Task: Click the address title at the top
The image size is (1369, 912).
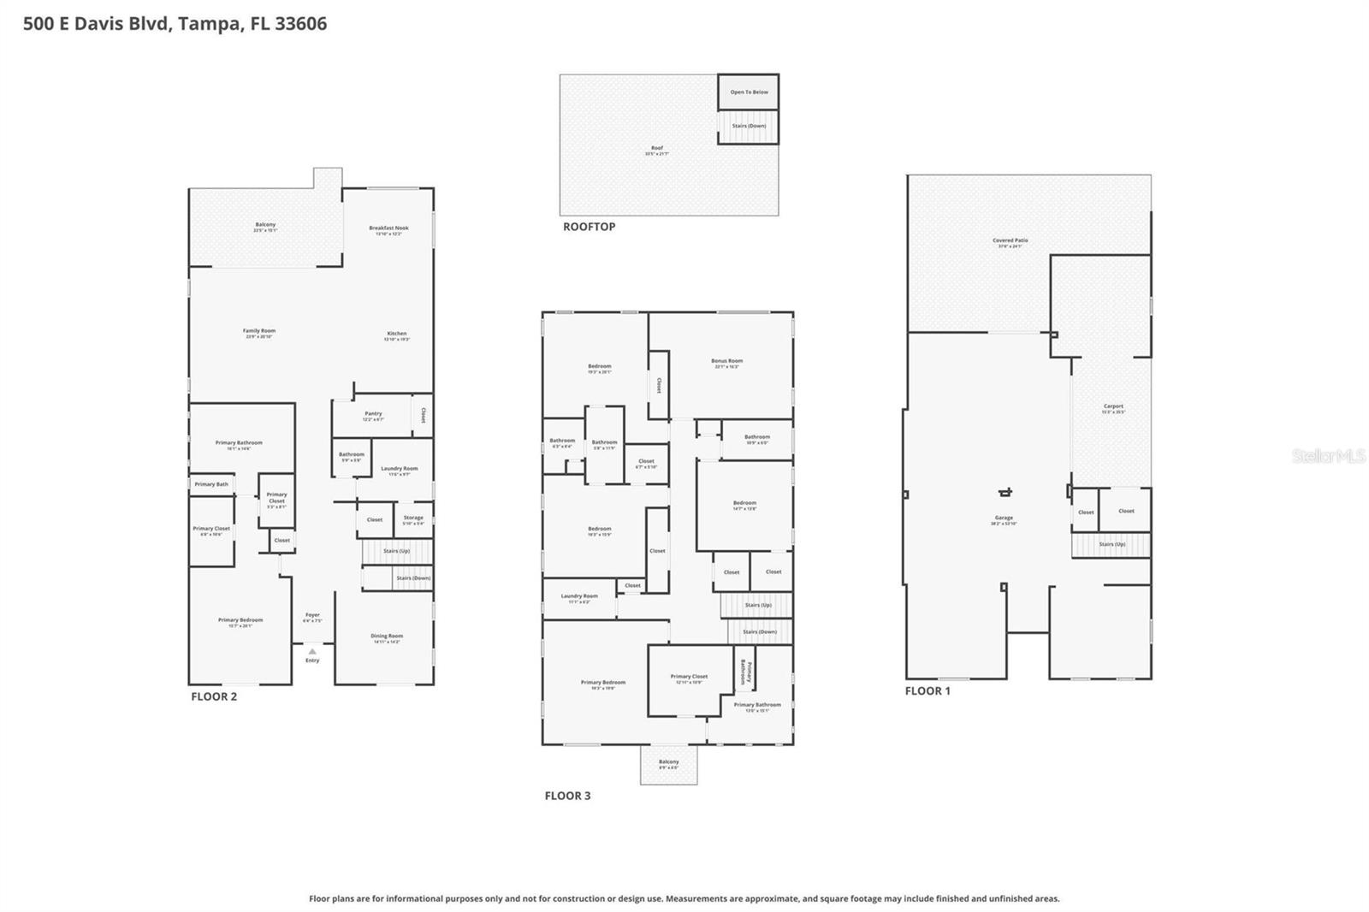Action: (175, 24)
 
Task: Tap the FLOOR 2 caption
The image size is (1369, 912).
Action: (214, 696)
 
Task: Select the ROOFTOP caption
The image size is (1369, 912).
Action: (589, 227)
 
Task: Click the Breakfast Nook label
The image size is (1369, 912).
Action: (388, 229)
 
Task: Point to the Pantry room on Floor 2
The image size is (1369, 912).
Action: (373, 416)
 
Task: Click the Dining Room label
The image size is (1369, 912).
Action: (387, 637)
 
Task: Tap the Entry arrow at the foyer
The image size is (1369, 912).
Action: (312, 652)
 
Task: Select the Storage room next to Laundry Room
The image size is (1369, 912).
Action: (413, 519)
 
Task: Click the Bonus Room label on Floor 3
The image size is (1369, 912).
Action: (726, 363)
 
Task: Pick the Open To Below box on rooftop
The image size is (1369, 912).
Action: (749, 92)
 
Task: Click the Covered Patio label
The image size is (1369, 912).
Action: (1010, 242)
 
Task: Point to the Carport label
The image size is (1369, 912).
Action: (1113, 408)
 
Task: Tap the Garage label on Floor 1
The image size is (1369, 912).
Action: (1004, 519)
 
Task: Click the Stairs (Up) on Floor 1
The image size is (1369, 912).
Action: (1111, 544)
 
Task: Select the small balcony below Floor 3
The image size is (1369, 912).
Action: (669, 764)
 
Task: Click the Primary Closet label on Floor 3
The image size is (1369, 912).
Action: (689, 678)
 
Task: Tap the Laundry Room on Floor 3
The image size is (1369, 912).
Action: (579, 598)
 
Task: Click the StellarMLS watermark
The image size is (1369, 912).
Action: (1328, 456)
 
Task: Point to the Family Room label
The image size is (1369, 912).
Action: (258, 333)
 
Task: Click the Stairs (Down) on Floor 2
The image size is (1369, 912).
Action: (412, 578)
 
